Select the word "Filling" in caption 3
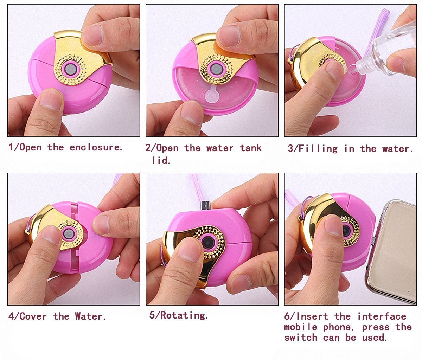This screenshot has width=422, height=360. tap(317, 149)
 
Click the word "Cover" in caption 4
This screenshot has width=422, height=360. tap(33, 316)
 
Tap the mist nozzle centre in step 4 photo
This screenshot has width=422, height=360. tap(68, 233)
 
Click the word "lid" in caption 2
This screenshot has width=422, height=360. tap(161, 160)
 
